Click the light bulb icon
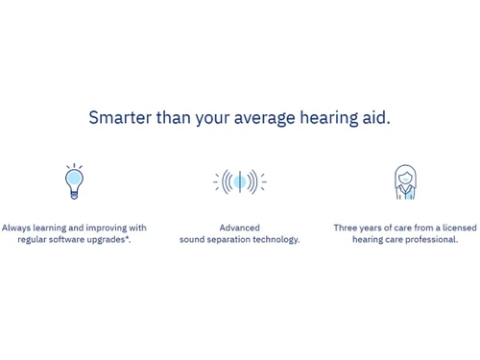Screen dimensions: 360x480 (74, 180)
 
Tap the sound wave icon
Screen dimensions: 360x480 (239, 181)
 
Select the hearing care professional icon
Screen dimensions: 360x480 (405, 181)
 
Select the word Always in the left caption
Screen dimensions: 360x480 (15, 228)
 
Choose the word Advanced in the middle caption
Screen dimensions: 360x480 (239, 228)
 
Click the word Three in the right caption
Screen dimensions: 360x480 (347, 228)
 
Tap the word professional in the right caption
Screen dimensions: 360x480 (433, 240)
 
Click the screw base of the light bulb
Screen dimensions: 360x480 (74, 194)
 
